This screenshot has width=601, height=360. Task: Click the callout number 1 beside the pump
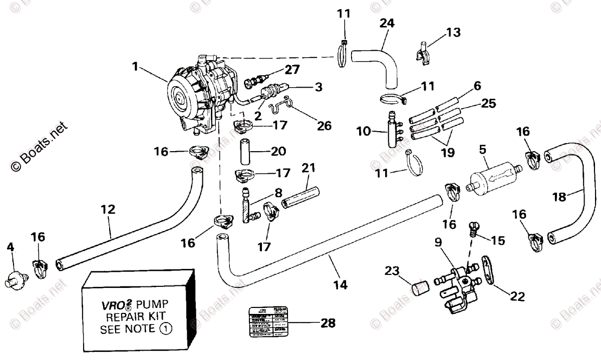(134, 65)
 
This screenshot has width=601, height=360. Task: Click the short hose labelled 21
(299, 198)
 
